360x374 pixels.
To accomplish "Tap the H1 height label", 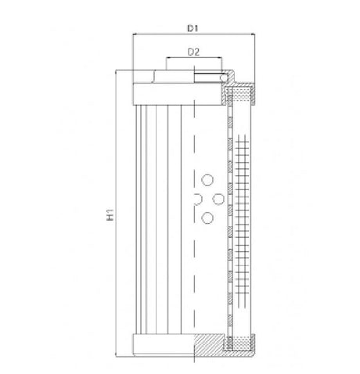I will point(112,213).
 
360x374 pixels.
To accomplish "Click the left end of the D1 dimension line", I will point(133,35).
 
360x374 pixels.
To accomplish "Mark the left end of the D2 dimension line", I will point(166,59).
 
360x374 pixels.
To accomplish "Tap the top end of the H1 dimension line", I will point(118,71).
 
